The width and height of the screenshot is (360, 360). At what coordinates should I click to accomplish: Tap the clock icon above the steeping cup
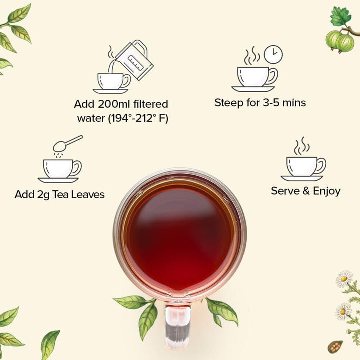(273, 54)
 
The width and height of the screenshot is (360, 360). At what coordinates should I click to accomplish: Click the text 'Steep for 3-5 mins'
(260, 103)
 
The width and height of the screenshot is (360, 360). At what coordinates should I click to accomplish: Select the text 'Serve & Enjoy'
(305, 191)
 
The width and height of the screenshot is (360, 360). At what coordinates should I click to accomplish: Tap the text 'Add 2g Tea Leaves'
(60, 195)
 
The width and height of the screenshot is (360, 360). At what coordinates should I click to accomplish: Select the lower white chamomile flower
(343, 311)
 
